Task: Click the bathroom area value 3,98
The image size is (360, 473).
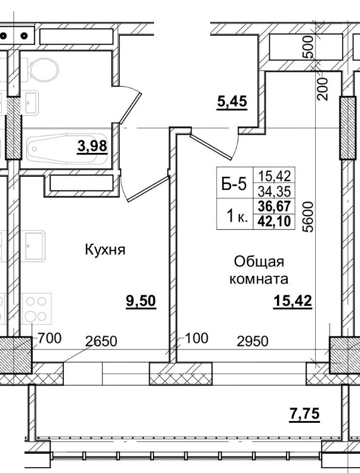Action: (x=91, y=145)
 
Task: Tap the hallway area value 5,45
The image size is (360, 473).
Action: (x=231, y=102)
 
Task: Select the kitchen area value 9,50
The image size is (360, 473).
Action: (x=140, y=301)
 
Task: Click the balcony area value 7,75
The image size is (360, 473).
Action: (x=304, y=414)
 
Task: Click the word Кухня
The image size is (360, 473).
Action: (x=105, y=250)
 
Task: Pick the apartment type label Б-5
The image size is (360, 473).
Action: (x=234, y=185)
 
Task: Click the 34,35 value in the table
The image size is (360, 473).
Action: (x=273, y=192)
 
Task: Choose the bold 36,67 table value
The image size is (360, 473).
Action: (x=273, y=207)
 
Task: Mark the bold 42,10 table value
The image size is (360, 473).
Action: (x=273, y=221)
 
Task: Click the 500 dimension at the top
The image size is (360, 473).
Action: (x=307, y=47)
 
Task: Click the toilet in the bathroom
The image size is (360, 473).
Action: (x=40, y=72)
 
